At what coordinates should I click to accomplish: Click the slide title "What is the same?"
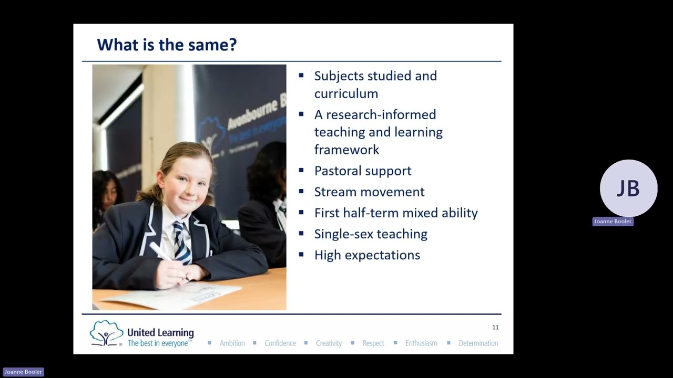tap(167, 45)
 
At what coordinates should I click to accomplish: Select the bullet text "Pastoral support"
tap(363, 171)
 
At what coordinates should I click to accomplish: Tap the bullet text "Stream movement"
tap(369, 192)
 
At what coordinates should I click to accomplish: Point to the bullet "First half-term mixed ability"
tap(396, 213)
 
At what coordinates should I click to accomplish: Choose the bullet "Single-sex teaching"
tap(371, 234)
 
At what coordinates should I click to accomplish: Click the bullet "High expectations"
tap(367, 255)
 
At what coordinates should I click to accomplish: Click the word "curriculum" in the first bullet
tap(346, 93)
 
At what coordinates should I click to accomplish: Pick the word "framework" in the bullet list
tap(346, 150)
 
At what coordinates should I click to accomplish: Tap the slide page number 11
tap(495, 327)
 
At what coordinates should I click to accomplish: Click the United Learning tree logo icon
tap(106, 333)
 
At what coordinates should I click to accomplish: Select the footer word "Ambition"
tap(232, 343)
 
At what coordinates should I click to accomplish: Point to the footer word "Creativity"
tap(329, 343)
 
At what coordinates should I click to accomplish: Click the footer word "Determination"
tap(478, 343)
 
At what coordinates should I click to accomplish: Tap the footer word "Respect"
tap(373, 343)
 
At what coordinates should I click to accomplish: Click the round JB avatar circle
tap(628, 188)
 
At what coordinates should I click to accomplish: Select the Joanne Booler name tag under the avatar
tap(613, 222)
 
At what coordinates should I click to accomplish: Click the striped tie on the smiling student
tap(182, 243)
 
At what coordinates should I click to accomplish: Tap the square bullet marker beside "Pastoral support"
tap(301, 171)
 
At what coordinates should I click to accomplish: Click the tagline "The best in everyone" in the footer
tap(159, 343)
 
